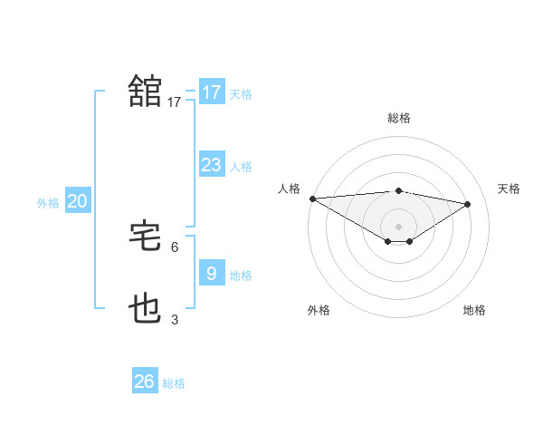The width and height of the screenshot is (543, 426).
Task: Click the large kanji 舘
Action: click(145, 92)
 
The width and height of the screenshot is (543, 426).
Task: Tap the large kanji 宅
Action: click(145, 237)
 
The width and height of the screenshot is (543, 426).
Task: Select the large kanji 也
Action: click(145, 309)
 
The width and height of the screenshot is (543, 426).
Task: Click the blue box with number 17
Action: click(211, 92)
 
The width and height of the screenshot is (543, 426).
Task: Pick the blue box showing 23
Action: click(211, 164)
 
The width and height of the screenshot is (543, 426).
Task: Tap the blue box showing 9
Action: click(211, 273)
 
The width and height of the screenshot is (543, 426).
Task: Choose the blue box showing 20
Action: click(77, 201)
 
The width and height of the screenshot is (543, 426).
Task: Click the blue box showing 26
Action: click(144, 382)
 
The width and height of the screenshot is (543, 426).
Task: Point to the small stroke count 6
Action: click(175, 247)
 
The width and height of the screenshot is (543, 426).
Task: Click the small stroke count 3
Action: click(175, 319)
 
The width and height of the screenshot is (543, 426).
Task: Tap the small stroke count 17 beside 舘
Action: click(175, 102)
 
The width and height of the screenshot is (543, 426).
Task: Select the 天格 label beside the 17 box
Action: click(241, 93)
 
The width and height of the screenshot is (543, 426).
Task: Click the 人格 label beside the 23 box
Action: click(241, 166)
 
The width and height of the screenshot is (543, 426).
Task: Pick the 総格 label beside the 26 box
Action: click(174, 383)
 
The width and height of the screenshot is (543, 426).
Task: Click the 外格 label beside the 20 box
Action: click(48, 203)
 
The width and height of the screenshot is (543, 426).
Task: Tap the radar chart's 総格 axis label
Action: click(398, 118)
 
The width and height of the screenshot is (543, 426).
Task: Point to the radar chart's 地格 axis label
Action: click(474, 310)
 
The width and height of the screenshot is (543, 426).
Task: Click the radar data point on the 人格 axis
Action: click(312, 198)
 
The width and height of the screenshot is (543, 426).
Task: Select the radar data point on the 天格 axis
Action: click(467, 203)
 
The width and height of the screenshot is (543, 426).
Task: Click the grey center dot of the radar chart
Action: click(398, 225)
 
